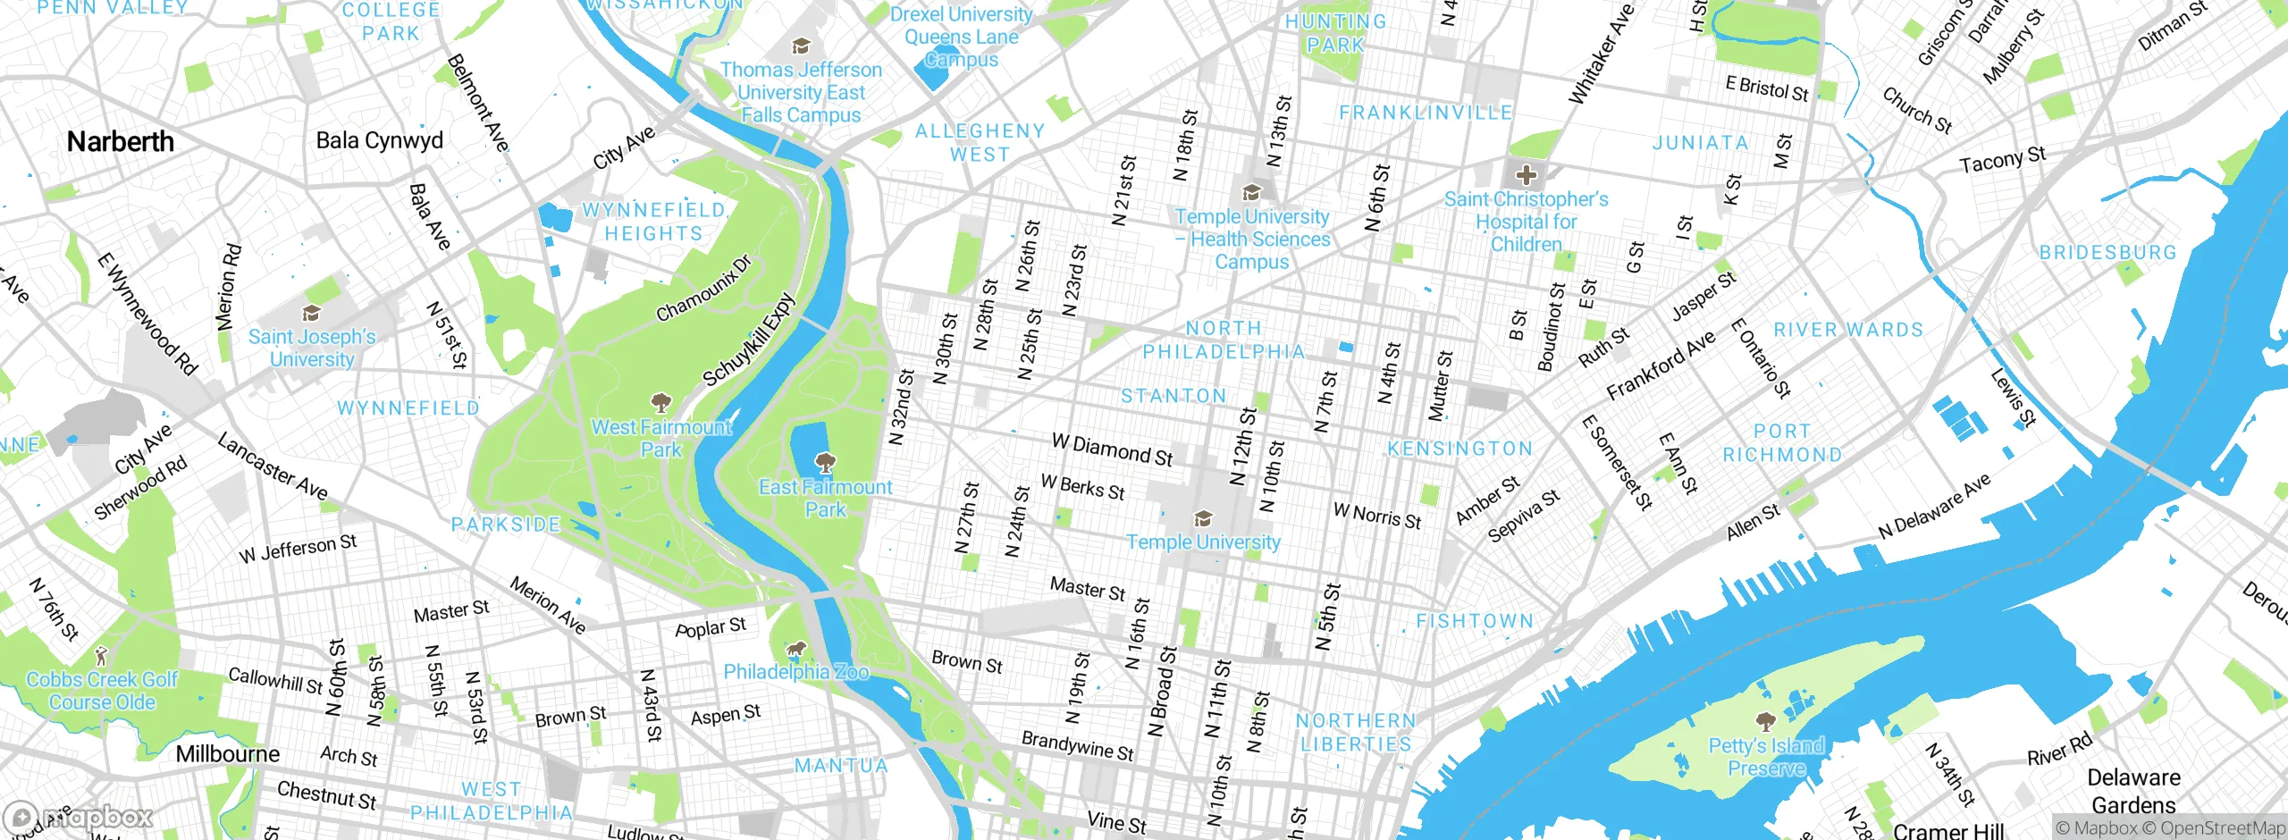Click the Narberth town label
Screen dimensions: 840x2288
[121, 141]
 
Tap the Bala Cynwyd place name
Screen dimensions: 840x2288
[379, 140]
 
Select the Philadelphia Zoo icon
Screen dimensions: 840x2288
[795, 648]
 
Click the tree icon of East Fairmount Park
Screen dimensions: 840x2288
[825, 463]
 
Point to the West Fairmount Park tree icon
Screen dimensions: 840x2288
[660, 402]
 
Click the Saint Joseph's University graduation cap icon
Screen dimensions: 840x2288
[311, 313]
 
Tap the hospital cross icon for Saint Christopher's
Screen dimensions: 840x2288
[1526, 175]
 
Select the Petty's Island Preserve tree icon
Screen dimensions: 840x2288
[1765, 721]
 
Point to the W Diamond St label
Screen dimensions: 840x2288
[1112, 449]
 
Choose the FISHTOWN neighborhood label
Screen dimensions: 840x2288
[1475, 621]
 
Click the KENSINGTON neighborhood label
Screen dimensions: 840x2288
[1459, 449]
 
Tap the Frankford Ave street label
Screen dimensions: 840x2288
[1661, 365]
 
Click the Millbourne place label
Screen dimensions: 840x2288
[227, 753]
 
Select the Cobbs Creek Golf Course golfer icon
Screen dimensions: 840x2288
[101, 656]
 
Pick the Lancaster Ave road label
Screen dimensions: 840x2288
[273, 466]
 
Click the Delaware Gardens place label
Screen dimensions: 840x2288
[2133, 791]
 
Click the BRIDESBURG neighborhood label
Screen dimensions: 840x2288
[2107, 253]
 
